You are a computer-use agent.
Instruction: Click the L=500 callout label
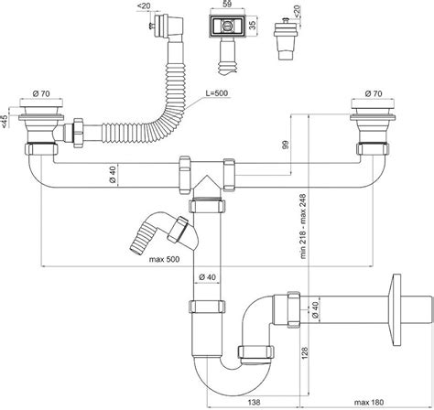pyautogui.click(x=217, y=93)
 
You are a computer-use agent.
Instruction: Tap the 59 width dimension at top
pyautogui.click(x=226, y=4)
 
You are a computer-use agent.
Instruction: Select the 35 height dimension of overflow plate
pyautogui.click(x=253, y=26)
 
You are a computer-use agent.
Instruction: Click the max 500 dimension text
pyautogui.click(x=164, y=260)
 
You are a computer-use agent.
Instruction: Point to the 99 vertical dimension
pyautogui.click(x=286, y=145)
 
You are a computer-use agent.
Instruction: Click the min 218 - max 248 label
pyautogui.click(x=303, y=226)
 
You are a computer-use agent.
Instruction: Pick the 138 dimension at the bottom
pyautogui.click(x=254, y=403)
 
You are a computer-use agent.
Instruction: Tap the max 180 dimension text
pyautogui.click(x=369, y=403)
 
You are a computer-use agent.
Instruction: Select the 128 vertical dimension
pyautogui.click(x=304, y=353)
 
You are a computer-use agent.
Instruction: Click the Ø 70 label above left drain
pyautogui.click(x=41, y=93)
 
